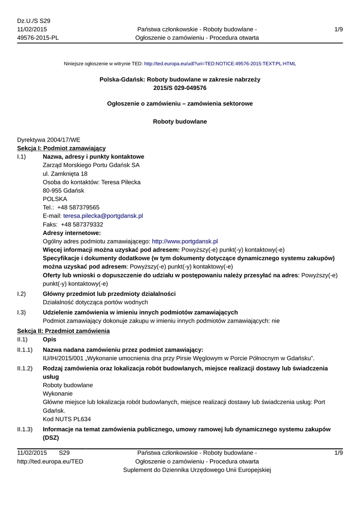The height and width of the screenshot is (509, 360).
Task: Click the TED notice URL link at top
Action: (x=220, y=64)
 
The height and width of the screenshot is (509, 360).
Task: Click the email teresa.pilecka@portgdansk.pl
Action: (x=103, y=216)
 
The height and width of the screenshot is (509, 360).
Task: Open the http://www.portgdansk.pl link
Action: (x=184, y=241)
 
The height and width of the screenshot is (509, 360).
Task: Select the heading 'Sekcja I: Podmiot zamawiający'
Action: (x=61, y=148)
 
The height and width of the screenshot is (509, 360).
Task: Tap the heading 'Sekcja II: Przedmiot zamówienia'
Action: (x=63, y=331)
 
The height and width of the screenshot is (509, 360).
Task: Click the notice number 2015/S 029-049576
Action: (x=180, y=88)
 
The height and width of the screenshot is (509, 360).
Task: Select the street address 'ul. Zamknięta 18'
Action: (x=65, y=173)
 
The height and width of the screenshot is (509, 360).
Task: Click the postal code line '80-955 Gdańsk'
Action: (x=64, y=190)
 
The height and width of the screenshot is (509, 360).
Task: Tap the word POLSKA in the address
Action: (x=55, y=199)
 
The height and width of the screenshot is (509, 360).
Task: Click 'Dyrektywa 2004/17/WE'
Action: (x=48, y=140)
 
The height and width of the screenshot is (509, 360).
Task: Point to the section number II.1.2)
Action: (x=25, y=368)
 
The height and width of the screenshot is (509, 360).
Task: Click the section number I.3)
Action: (x=21, y=312)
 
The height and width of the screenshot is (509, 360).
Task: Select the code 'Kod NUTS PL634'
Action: (x=67, y=419)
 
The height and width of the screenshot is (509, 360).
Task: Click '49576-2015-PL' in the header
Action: (x=38, y=38)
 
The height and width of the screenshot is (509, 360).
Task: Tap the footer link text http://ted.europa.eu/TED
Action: (x=50, y=462)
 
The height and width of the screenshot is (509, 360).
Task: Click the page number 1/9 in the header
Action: (x=339, y=30)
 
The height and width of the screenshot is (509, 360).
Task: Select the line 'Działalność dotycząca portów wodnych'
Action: (x=95, y=302)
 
